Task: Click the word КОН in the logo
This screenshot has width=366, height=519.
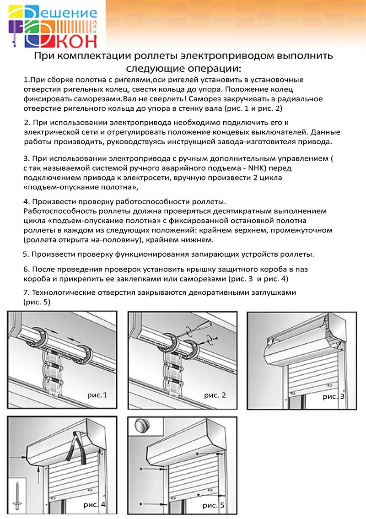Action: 77,40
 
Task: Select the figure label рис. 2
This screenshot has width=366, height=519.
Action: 215,395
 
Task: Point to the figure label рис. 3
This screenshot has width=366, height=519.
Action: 334,396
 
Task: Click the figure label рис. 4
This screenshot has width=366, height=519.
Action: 94,505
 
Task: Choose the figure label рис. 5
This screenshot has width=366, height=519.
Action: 214,505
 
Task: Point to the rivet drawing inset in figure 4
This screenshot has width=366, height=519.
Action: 17,495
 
